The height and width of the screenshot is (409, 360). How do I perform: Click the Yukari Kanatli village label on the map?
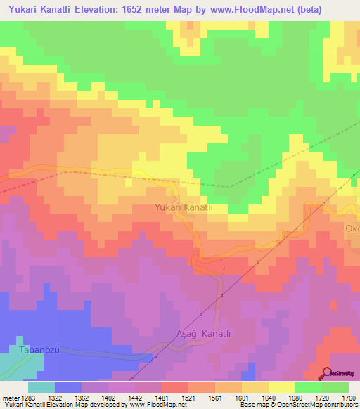(183, 207)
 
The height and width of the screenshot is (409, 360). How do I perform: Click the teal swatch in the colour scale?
(41, 387)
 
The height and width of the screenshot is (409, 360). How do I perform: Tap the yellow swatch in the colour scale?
(281, 387)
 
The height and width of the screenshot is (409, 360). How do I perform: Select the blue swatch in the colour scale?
(67, 387)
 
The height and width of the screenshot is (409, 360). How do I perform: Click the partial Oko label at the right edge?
(352, 228)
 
